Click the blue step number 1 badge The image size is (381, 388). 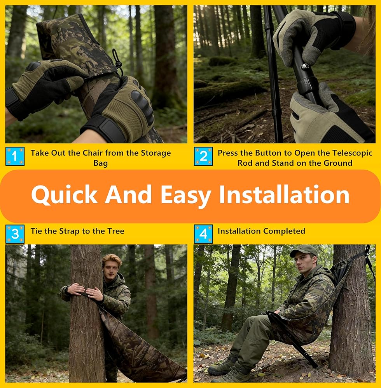[15, 156]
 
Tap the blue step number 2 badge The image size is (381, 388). [203, 156]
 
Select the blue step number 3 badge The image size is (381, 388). [15, 234]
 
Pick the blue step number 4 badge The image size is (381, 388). [203, 234]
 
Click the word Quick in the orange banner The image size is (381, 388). [65, 195]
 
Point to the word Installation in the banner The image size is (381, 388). [284, 195]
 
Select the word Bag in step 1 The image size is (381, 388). [100, 163]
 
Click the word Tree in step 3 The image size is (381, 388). [116, 231]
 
